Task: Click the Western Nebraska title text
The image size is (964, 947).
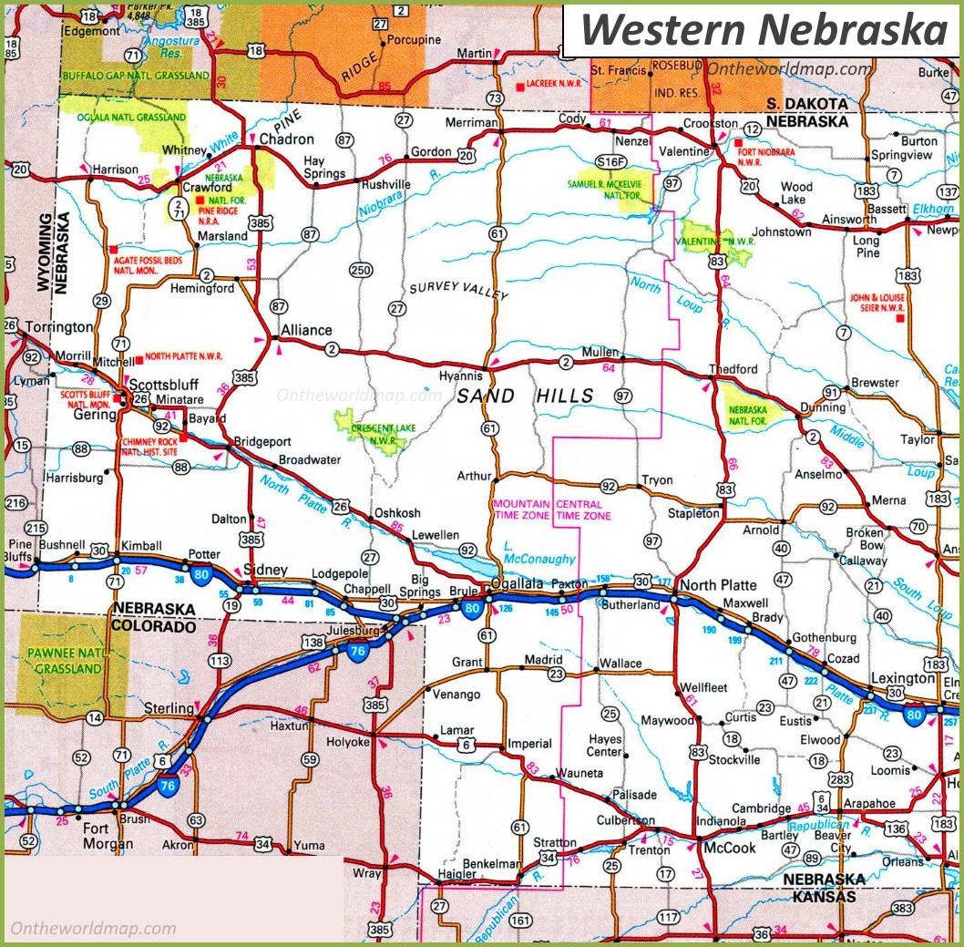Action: coord(764,29)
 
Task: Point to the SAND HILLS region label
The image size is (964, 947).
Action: coord(525,396)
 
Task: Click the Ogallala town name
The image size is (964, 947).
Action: coord(517,583)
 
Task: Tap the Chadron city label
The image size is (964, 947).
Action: coord(286,139)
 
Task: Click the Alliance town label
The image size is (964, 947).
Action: coord(306,330)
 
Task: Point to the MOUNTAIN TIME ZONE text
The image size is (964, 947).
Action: coord(521,510)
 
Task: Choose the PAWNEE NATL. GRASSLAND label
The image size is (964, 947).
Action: coord(63,661)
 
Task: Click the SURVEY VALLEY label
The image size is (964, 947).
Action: coord(457,291)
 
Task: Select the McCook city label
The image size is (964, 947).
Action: coord(729,848)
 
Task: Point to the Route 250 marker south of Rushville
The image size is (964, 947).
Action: coord(362,269)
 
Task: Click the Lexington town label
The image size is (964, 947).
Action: coord(902,679)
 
